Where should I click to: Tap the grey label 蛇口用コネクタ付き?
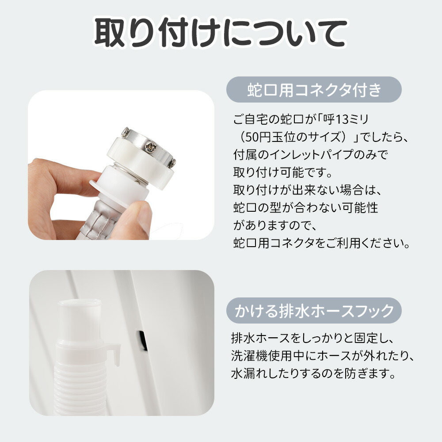tap(314, 90)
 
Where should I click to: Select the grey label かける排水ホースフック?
tap(314, 310)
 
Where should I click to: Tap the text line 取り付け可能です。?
tap(283, 172)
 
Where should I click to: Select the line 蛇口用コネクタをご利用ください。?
tap(321, 243)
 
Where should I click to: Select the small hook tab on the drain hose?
tap(114, 352)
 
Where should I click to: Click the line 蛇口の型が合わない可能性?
tap(305, 208)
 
